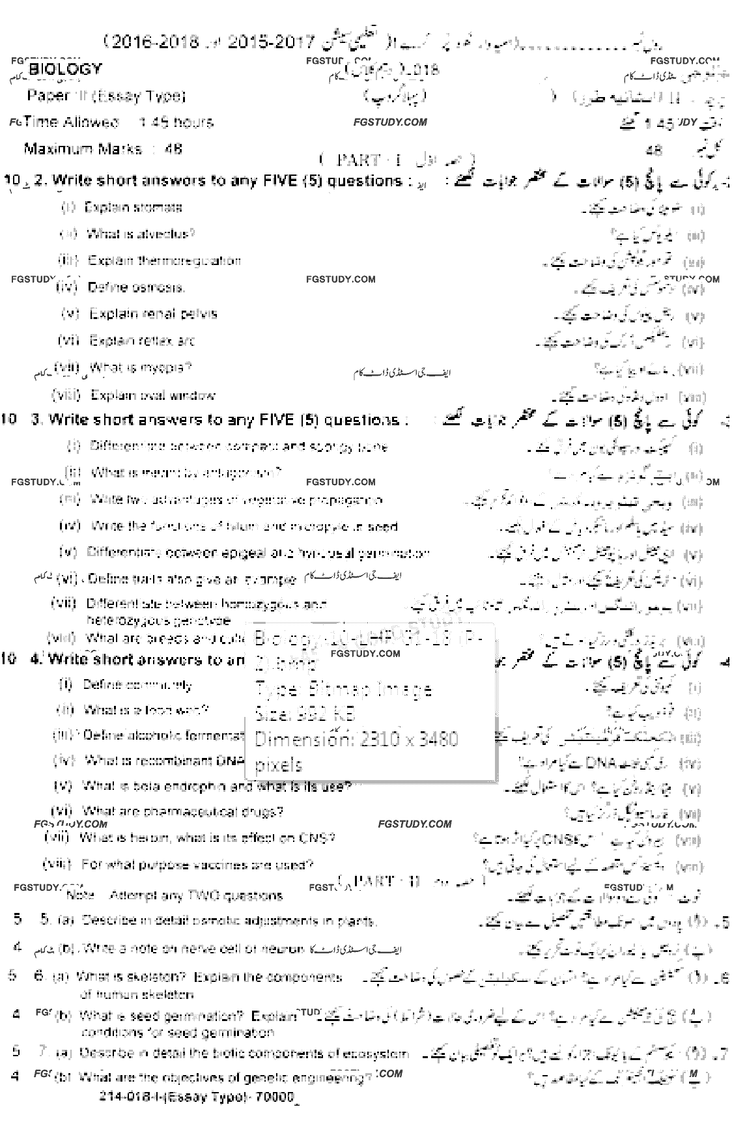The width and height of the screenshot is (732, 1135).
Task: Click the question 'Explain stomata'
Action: tap(133, 208)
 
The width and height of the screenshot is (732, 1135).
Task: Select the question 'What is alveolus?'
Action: tap(140, 234)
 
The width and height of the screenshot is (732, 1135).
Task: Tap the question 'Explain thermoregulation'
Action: tap(164, 260)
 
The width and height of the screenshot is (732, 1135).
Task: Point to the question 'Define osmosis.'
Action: tap(136, 287)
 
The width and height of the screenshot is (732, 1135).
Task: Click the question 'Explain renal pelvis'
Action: tap(153, 314)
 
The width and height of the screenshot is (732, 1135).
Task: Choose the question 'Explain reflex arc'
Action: tap(142, 341)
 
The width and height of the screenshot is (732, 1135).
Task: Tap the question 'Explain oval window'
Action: tap(153, 395)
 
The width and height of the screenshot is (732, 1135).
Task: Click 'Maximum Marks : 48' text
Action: tap(103, 149)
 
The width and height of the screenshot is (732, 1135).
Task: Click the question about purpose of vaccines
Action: tap(197, 865)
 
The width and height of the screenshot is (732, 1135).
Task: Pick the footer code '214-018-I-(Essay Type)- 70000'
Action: tap(197, 1097)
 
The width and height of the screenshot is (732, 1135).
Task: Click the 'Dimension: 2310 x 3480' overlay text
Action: tap(356, 740)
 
